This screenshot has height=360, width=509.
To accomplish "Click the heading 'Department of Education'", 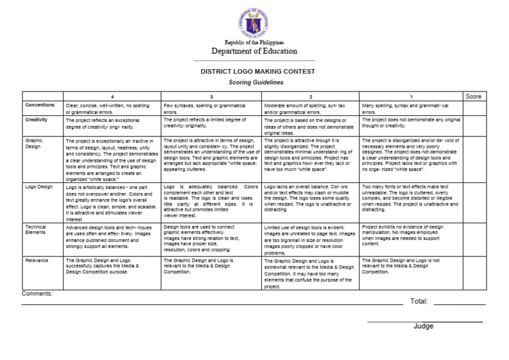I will [254, 52].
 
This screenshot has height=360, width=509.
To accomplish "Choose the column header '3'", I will [211, 97].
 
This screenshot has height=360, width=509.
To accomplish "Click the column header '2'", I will [311, 97].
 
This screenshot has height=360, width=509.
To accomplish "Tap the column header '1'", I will [411, 97].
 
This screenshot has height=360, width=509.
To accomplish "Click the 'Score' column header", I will [474, 97].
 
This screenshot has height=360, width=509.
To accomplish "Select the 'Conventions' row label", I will [40, 105].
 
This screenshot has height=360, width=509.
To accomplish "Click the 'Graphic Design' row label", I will [34, 144].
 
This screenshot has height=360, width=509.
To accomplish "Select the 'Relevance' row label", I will [37, 261].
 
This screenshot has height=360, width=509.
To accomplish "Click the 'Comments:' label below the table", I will [37, 293].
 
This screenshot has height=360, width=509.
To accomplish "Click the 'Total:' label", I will [419, 302].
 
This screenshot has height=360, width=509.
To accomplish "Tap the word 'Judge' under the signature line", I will [424, 326].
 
